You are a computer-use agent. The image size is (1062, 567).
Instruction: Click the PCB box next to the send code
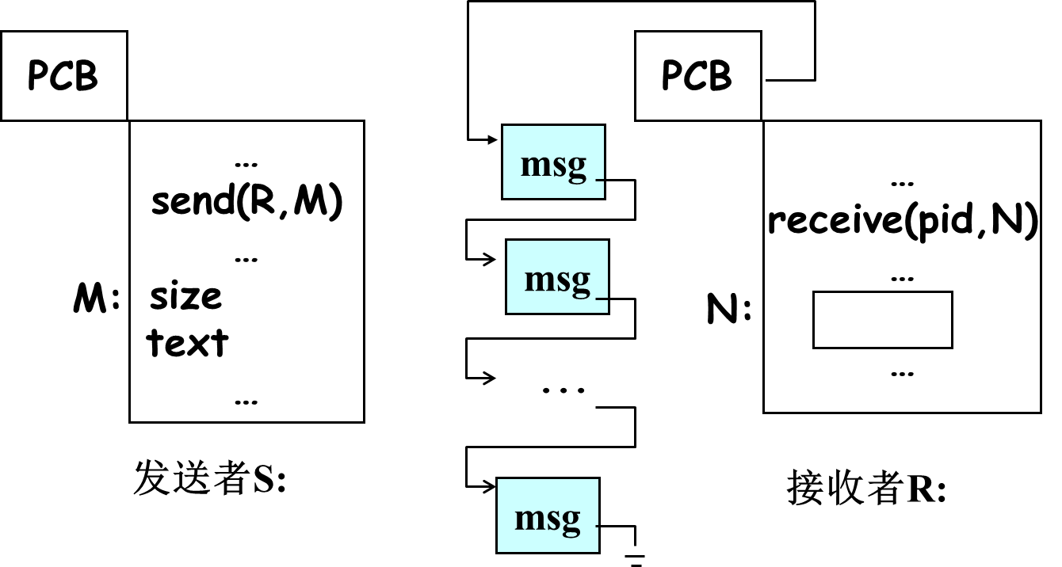pyautogui.click(x=63, y=76)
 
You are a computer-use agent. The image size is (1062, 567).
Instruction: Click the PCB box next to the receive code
pyautogui.click(x=697, y=76)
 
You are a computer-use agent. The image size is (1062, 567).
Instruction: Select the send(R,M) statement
pyautogui.click(x=246, y=203)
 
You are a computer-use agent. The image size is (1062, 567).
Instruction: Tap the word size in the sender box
pyautogui.click(x=186, y=296)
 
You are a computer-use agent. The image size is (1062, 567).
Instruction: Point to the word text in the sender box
pyautogui.click(x=188, y=343)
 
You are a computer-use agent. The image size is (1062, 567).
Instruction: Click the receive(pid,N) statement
pyautogui.click(x=903, y=221)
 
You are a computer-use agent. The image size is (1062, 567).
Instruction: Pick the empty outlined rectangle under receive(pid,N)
pyautogui.click(x=882, y=320)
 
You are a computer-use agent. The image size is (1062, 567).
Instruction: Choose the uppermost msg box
pyautogui.click(x=553, y=162)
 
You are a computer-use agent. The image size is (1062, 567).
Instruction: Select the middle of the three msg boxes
pyautogui.click(x=557, y=277)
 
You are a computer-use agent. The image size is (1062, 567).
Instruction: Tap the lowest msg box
pyautogui.click(x=548, y=516)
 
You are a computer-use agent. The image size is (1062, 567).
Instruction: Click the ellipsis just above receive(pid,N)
pyautogui.click(x=902, y=183)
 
